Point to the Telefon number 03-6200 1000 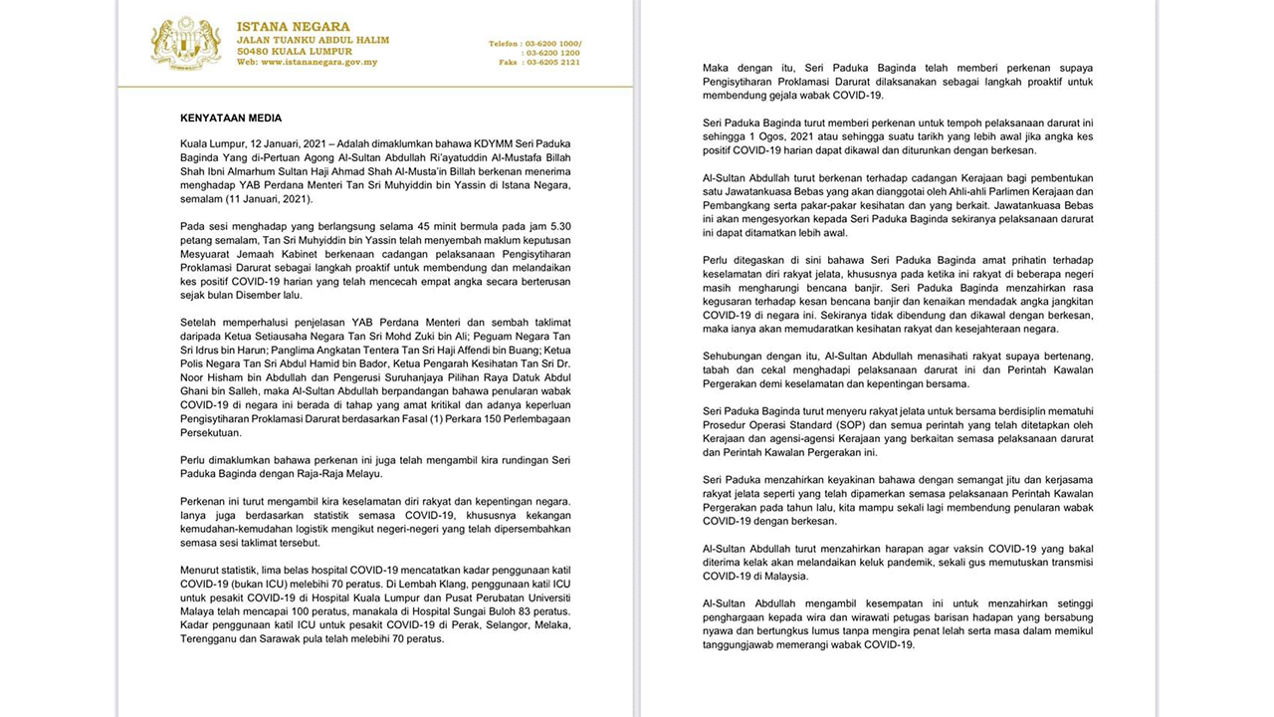pyautogui.click(x=557, y=44)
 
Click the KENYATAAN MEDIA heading pyautogui.click(x=231, y=118)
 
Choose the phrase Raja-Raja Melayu pyautogui.click(x=309, y=474)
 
